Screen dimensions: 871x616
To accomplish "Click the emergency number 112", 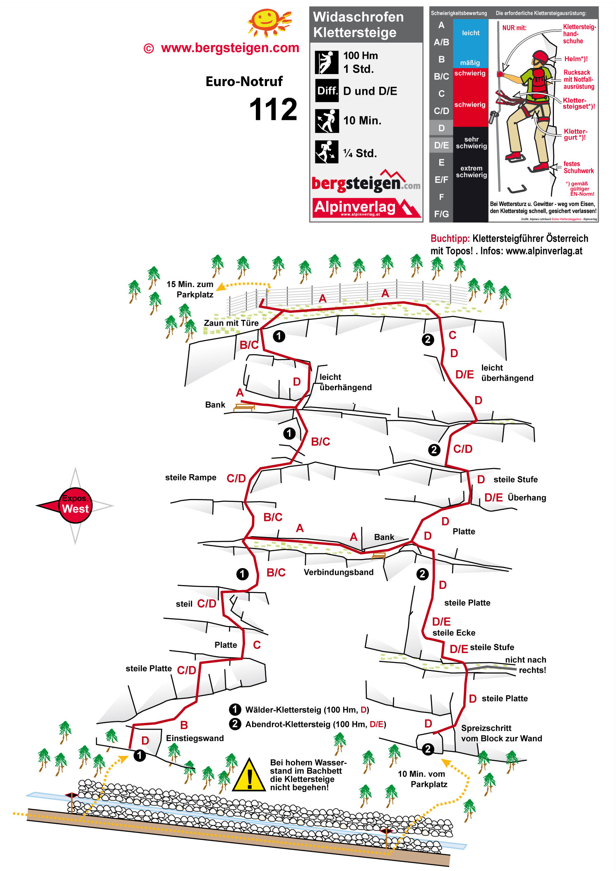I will click(x=273, y=110).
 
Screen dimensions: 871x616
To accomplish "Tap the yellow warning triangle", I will click(x=249, y=775).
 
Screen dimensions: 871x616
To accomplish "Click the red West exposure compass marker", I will click(x=75, y=505).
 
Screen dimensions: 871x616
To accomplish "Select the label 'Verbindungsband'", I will click(x=338, y=572).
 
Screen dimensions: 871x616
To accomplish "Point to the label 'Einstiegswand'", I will click(x=195, y=738).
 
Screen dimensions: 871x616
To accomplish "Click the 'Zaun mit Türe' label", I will click(x=231, y=323).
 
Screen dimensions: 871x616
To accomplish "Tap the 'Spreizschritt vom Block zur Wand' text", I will click(x=501, y=733).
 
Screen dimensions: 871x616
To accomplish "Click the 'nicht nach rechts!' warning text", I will click(x=526, y=665).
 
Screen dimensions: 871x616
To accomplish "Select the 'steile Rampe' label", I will click(x=190, y=477).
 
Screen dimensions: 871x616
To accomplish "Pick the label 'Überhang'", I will click(x=527, y=498).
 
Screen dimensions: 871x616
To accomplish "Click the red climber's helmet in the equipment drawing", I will click(x=540, y=56).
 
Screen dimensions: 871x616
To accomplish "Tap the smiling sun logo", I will click(x=268, y=22).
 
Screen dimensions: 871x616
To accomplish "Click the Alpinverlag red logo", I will click(x=366, y=208).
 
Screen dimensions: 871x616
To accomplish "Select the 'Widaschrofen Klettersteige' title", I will click(x=358, y=24).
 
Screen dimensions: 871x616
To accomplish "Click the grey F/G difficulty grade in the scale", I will click(x=441, y=214).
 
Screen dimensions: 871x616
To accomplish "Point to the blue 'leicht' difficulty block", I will click(x=471, y=33).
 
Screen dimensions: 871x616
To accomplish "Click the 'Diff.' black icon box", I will click(x=327, y=91).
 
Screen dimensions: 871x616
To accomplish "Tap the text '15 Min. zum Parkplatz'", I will click(x=190, y=289).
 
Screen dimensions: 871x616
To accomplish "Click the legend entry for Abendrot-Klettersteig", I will click(x=315, y=724).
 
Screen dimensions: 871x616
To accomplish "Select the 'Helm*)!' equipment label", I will click(x=575, y=59).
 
